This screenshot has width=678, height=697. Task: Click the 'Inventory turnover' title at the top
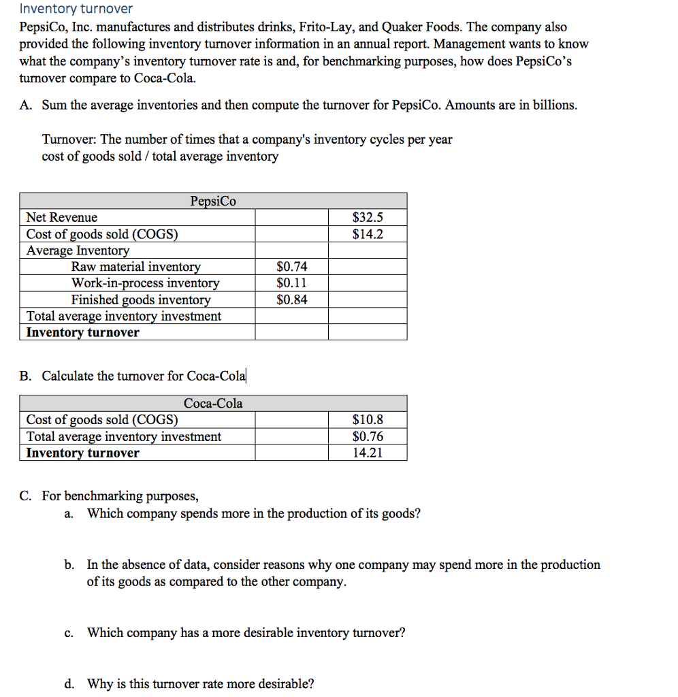76,9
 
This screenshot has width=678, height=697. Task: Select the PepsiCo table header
213,201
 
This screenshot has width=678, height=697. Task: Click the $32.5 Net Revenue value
368,218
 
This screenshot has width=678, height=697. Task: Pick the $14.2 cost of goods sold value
368,234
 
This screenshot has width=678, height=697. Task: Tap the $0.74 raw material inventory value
292,267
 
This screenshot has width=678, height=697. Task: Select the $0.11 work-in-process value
292,283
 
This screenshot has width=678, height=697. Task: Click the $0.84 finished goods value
292,299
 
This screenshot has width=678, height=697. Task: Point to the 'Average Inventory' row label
78,250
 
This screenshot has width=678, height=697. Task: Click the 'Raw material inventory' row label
136,267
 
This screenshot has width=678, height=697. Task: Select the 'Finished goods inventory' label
141,299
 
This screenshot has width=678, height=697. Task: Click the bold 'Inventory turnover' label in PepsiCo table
82,332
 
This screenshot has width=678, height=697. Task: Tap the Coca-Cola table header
213,403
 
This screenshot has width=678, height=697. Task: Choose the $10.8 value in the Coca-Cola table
368,420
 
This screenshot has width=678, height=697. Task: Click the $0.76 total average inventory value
368,436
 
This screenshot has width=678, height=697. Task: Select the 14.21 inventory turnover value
368,453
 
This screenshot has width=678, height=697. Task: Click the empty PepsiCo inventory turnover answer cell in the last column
368,332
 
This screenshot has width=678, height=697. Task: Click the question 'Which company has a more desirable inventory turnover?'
246,633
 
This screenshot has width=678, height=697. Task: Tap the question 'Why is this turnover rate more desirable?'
201,684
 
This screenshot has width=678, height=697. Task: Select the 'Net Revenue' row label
61,218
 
